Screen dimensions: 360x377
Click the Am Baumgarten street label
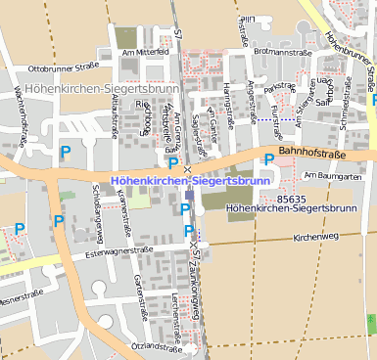333,175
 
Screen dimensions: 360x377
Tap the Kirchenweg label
315,237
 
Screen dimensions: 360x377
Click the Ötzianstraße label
157,347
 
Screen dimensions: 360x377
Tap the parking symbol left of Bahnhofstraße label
268,158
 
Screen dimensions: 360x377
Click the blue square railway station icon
188,196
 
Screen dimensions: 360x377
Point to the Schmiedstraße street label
345,112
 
